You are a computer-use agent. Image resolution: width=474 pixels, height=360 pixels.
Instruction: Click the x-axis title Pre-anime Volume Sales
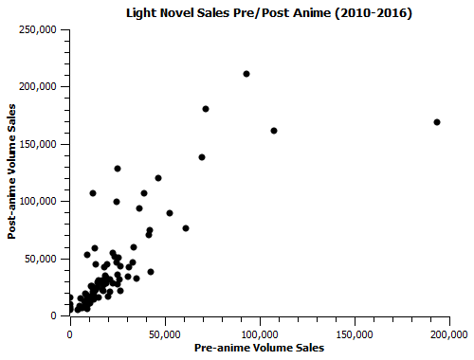point(259,348)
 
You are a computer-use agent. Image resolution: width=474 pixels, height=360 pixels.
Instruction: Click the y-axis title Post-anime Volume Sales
point(13,173)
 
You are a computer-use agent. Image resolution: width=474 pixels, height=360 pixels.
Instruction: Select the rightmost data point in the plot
point(437,122)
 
